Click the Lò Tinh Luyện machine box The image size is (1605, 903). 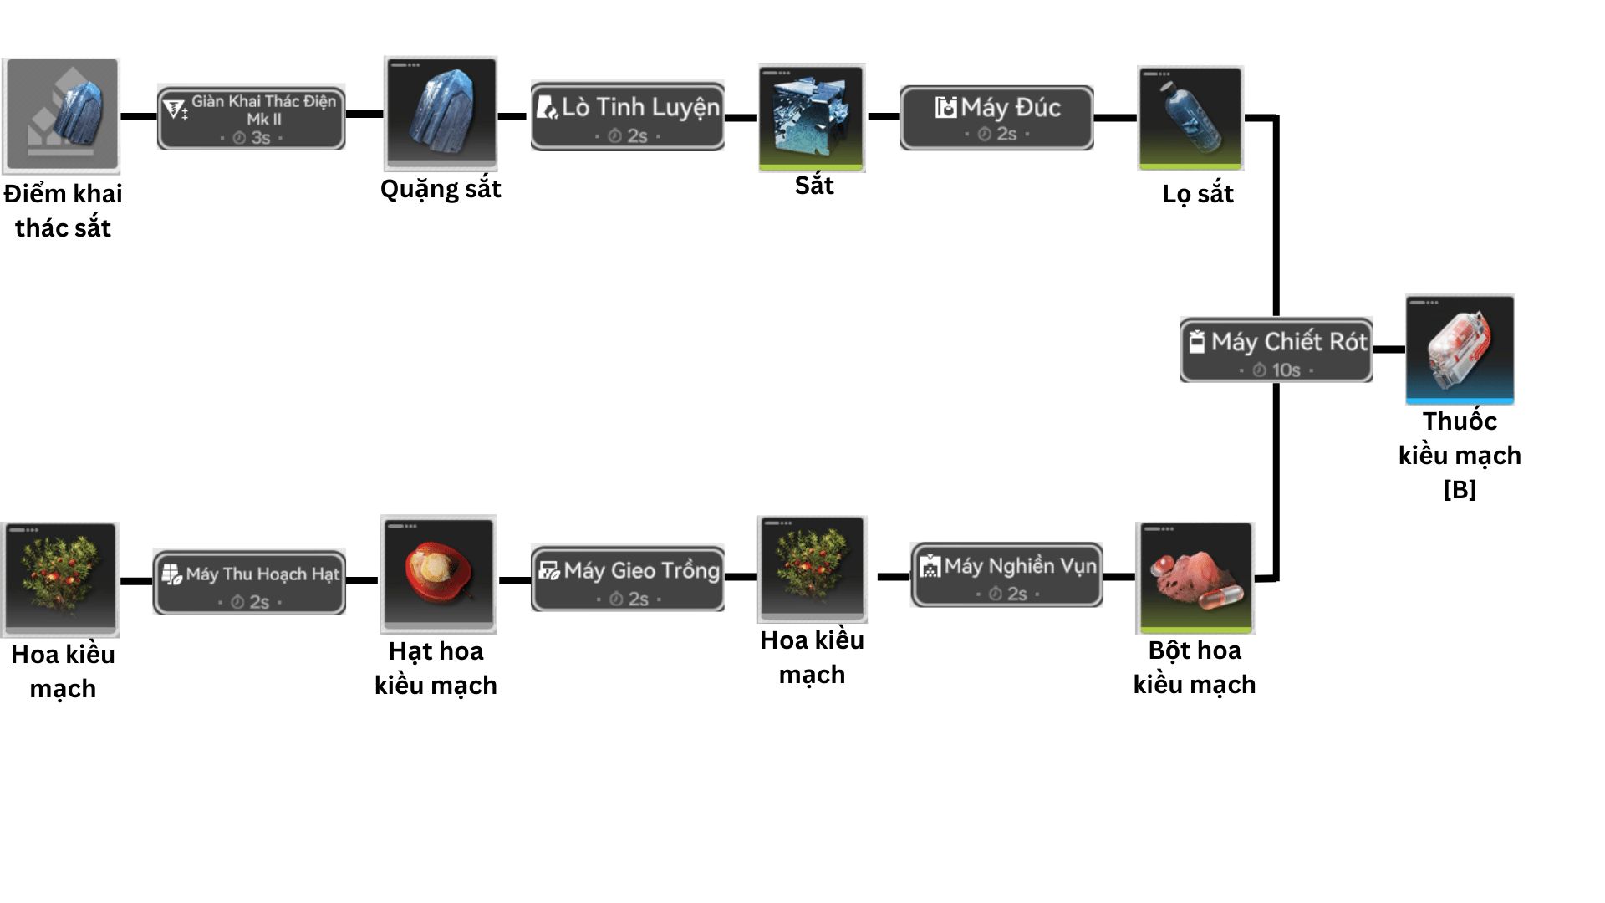tap(627, 116)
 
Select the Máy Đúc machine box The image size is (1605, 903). tap(996, 118)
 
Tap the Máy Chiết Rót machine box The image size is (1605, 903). tap(1276, 349)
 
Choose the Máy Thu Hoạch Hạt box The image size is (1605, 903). tap(249, 582)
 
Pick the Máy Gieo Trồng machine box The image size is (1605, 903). tap(627, 579)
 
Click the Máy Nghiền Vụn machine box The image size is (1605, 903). tap(1006, 574)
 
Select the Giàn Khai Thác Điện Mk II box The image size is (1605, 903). tap(251, 117)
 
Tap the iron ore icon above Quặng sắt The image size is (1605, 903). tap(441, 112)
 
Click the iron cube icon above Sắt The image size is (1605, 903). tap(812, 116)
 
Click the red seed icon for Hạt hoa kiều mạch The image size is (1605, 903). tap(438, 573)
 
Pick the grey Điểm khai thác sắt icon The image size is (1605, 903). tap(61, 115)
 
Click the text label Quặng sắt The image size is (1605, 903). tap(441, 189)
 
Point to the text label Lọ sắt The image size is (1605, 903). tap(1197, 194)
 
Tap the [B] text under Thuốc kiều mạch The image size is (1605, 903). tap(1460, 489)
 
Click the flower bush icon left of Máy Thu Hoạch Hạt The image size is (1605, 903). tap(61, 578)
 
